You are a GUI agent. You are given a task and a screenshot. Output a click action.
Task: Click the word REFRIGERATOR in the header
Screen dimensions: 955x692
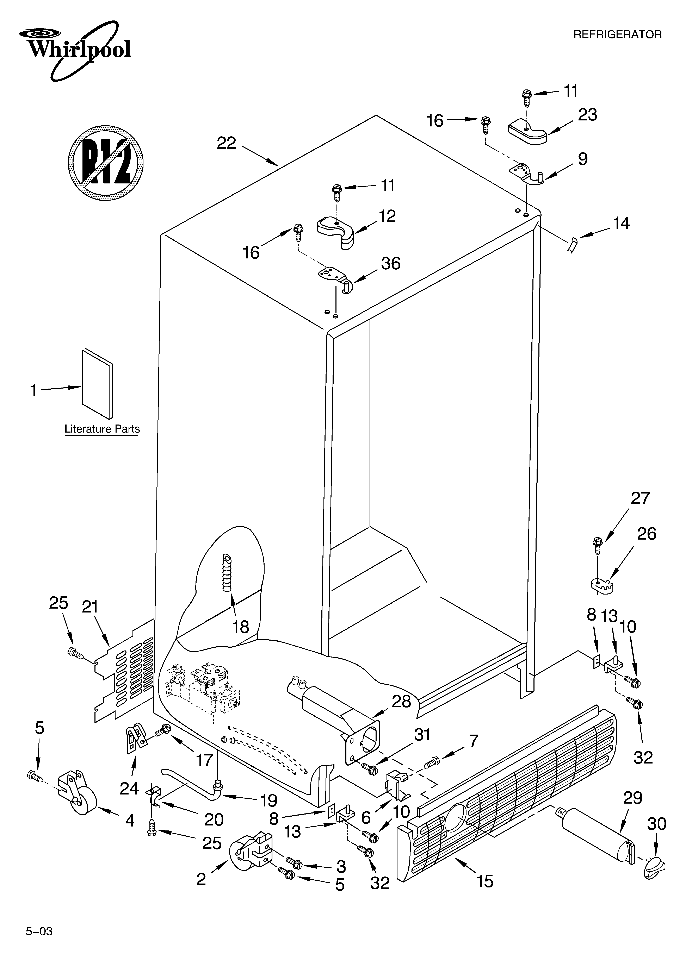point(617,34)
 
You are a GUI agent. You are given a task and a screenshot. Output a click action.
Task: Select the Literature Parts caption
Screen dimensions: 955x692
point(102,429)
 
